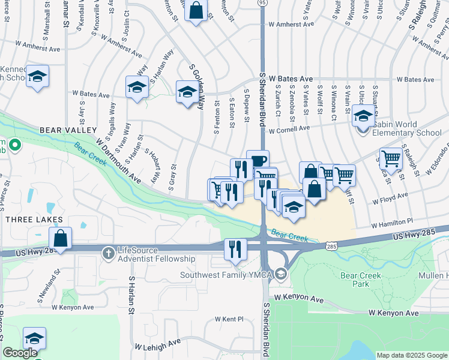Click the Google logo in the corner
[20, 353]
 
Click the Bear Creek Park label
[354, 280]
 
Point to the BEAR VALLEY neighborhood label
[68, 130]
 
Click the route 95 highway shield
[262, 3]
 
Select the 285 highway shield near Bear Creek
[332, 246]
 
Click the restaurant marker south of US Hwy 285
[235, 248]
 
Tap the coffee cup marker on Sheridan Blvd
[258, 161]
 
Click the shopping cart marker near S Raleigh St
[391, 159]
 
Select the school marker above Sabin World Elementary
[363, 115]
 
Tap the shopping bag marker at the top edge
[196, 10]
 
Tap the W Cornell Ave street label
[289, 129]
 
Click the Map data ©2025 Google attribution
[412, 355]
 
